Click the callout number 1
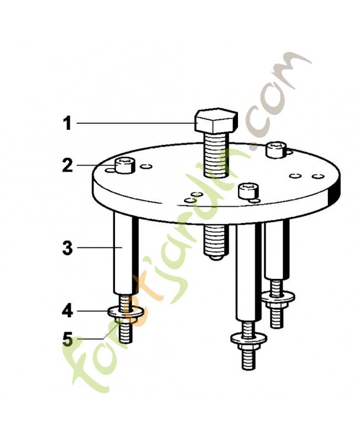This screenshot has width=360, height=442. click(67, 123)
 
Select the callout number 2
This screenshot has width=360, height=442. click(67, 165)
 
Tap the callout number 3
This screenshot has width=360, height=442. click(67, 248)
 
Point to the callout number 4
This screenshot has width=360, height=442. click(67, 311)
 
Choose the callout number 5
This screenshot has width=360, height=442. click(67, 339)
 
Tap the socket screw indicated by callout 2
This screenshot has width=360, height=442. click(125, 165)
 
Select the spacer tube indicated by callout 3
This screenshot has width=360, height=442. click(126, 253)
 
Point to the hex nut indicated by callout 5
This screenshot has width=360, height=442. click(126, 320)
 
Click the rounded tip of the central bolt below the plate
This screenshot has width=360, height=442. click(215, 257)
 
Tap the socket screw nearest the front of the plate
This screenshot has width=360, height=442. click(248, 191)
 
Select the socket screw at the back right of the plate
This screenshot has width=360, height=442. click(276, 150)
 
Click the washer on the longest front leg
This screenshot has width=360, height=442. click(248, 338)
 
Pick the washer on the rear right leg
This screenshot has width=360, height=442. click(278, 297)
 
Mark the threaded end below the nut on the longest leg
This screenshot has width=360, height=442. click(248, 360)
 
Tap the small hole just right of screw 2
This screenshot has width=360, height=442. click(146, 166)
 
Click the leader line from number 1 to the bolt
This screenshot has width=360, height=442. click(136, 123)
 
